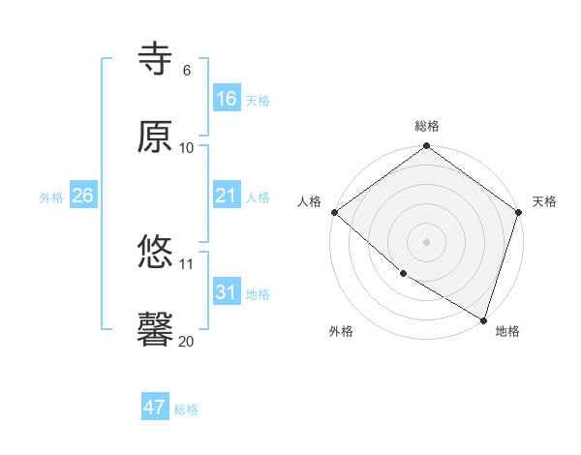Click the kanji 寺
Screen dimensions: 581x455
[156, 60]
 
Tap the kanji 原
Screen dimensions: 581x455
[156, 136]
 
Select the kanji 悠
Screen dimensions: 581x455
[156, 254]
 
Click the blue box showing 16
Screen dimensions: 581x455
[227, 99]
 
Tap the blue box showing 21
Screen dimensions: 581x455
[227, 196]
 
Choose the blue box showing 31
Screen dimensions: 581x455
[227, 292]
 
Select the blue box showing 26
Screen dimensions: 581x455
[83, 196]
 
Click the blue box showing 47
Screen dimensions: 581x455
[155, 408]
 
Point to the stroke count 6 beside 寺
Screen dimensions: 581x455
[187, 71]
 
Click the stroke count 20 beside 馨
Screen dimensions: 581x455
[186, 341]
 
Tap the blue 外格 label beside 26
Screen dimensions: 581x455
[51, 197]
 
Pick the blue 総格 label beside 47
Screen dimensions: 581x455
[186, 409]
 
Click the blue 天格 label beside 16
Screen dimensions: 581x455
[258, 100]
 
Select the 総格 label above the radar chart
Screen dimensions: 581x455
[427, 126]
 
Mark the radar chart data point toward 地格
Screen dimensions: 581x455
[483, 319]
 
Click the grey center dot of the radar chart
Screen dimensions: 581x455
[426, 242]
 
